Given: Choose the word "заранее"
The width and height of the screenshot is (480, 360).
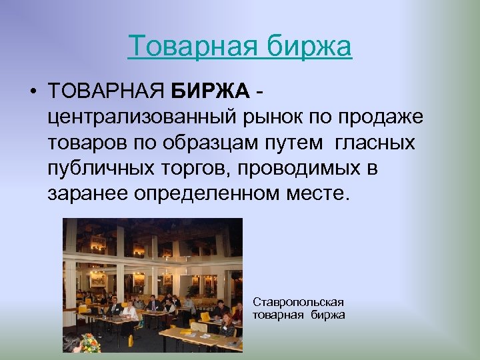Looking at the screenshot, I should (87, 194).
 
